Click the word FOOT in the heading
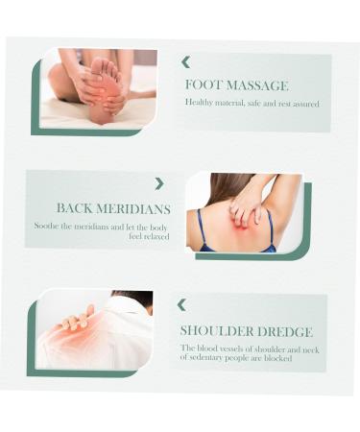[204, 85]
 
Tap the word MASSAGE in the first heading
[257, 85]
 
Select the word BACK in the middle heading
[74, 208]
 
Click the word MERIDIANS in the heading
[133, 209]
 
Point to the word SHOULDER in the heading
[216, 331]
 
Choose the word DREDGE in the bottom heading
[285, 332]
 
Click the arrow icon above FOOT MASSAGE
[186, 62]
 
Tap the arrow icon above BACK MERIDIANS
[159, 183]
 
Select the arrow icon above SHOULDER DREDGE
[181, 305]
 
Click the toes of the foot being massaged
[105, 65]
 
